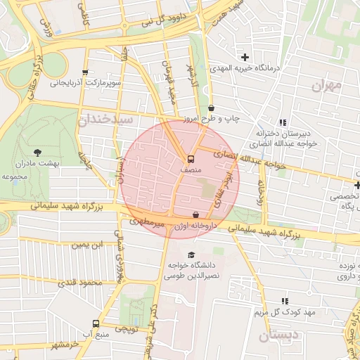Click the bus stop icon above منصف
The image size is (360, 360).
pos(191,159)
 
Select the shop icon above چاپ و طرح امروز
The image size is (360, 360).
pos(212,108)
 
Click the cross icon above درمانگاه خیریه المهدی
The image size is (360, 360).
pos(245,57)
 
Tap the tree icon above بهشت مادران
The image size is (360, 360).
pos(37,151)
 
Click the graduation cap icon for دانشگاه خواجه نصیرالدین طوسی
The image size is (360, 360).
pos(191,255)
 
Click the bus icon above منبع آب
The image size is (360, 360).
pos(96,323)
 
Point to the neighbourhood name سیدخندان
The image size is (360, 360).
pos(105,119)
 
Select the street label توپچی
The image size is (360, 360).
pos(127,328)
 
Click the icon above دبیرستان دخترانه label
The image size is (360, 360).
pos(283,122)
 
